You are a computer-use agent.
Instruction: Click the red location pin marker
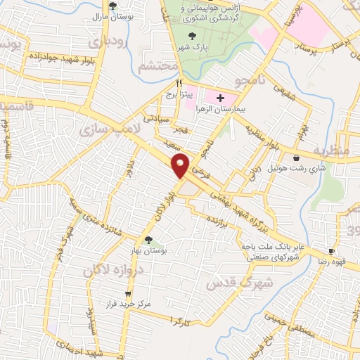click(x=181, y=165)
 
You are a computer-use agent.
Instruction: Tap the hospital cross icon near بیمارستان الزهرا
click(x=221, y=98)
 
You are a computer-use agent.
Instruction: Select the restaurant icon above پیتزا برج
click(x=169, y=82)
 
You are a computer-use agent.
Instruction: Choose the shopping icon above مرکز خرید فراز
click(x=127, y=294)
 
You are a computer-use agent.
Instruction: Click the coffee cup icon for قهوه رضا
click(x=331, y=251)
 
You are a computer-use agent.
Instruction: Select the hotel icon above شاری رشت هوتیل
click(x=300, y=157)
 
